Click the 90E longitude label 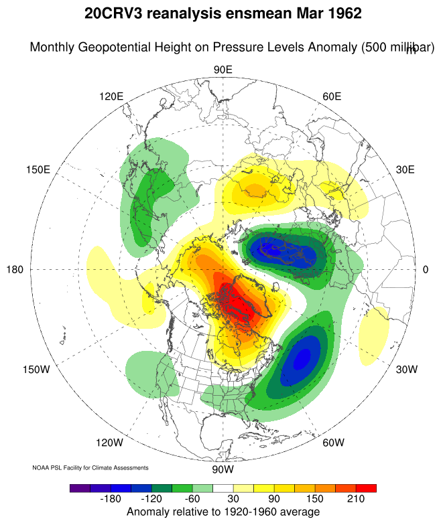[x=223, y=70]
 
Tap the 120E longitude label [x=111, y=96]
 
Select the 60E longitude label [x=332, y=96]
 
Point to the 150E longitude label [x=38, y=169]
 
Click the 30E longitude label [x=405, y=169]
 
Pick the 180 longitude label [x=15, y=270]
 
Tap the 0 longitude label [x=426, y=270]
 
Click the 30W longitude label [x=406, y=370]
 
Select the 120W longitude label [x=109, y=443]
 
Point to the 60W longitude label [x=333, y=443]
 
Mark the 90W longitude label [x=223, y=468]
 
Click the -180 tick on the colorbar [x=111, y=500]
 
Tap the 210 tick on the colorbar [x=355, y=500]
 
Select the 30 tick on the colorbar [x=233, y=500]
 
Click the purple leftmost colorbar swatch [x=80, y=488]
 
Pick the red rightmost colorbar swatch [x=366, y=488]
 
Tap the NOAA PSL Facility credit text [x=90, y=467]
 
